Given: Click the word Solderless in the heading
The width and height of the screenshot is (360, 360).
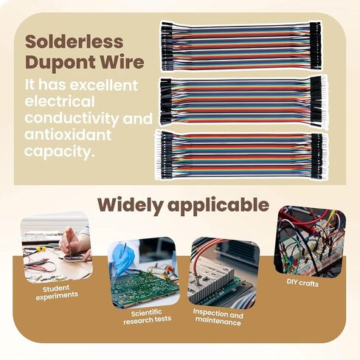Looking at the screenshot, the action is tap(75, 41).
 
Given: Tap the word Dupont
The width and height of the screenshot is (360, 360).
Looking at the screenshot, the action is tap(60, 63).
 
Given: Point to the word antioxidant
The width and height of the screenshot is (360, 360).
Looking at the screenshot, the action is tap(68, 135).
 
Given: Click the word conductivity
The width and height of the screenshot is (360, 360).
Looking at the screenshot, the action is tap(72, 119).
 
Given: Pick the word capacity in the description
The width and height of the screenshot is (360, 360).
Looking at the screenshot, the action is tap(59, 152).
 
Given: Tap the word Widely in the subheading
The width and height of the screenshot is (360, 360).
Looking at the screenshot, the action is tap(130, 205).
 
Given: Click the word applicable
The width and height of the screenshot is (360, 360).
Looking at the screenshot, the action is tap(218, 206).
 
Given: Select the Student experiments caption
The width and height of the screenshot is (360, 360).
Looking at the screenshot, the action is tap(57, 293).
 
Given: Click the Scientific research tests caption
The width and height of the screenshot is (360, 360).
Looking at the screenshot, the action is tap(147, 317).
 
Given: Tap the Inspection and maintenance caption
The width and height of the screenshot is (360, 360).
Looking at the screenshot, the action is tap(218, 316).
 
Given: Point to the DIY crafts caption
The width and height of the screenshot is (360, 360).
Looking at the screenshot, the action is tap(302, 283).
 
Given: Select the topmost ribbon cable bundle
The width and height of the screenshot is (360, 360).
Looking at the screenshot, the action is tap(240, 46).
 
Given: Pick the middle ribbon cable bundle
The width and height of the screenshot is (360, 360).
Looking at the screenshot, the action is tap(243, 101).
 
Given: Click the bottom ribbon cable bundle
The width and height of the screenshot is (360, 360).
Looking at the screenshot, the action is tap(241, 156).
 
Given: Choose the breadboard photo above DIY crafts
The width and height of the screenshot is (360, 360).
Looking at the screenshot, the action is tap(310, 240).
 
